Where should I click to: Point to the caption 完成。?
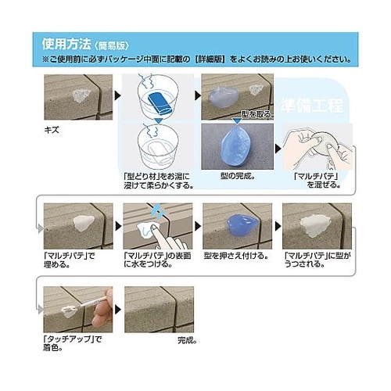(187, 340)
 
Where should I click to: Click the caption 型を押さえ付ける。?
(235, 255)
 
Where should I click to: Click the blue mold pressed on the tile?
(235, 225)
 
